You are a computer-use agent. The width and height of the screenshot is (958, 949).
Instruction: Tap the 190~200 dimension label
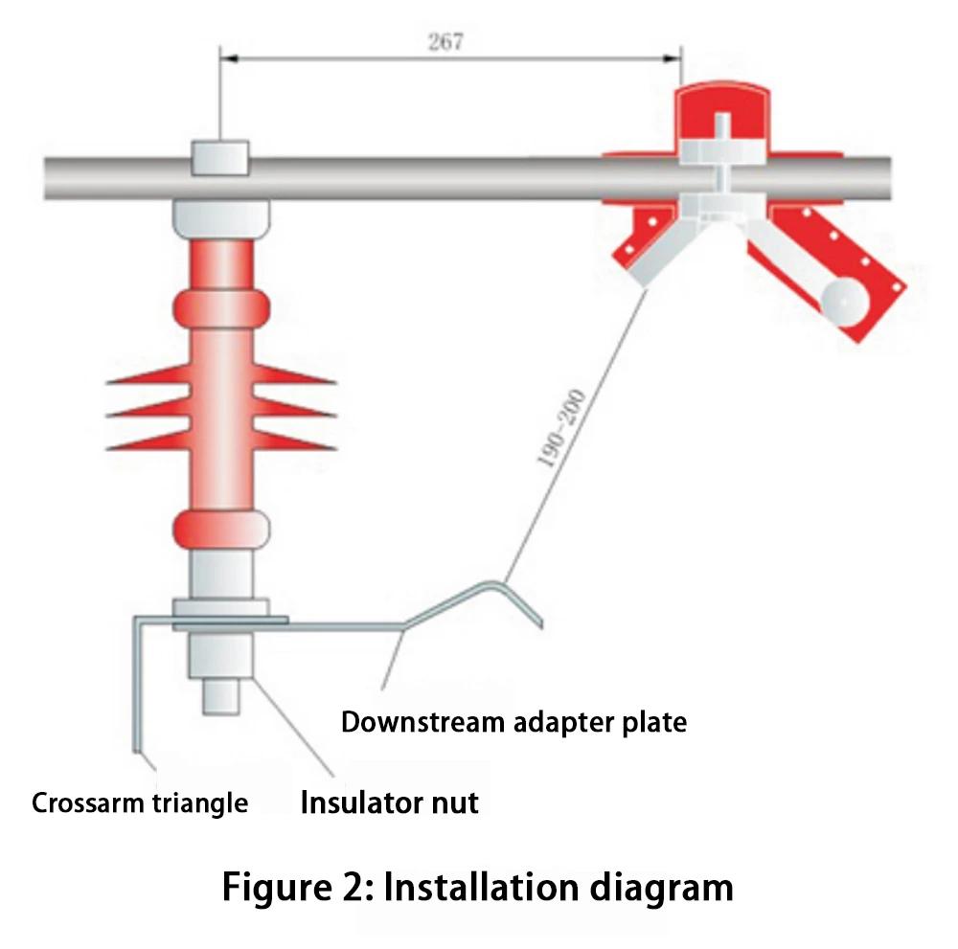coord(560,427)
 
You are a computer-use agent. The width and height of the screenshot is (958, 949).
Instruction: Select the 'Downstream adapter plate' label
coord(513,721)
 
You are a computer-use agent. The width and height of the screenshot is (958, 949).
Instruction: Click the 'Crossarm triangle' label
coord(140,802)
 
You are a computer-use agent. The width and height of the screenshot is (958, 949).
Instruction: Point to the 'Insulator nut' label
coord(390,801)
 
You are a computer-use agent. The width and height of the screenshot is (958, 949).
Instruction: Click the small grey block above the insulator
coord(220,158)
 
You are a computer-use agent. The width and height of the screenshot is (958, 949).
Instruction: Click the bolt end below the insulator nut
coord(220,696)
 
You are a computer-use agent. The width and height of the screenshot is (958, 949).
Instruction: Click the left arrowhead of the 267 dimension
coord(227,58)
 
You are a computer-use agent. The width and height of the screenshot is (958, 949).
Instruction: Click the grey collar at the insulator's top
coord(220,217)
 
